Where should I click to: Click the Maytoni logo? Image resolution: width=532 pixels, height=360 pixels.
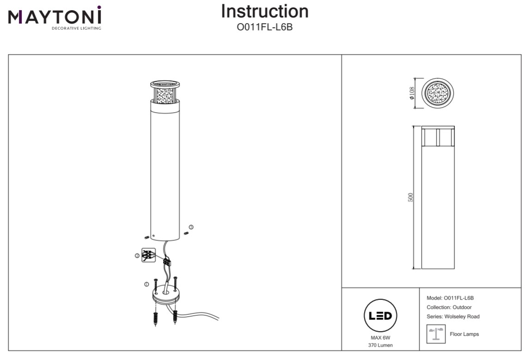55,18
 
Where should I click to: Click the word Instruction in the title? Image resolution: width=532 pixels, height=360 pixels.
265,12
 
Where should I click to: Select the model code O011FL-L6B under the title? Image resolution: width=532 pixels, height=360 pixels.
265,27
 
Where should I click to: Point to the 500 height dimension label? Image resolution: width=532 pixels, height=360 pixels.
411,197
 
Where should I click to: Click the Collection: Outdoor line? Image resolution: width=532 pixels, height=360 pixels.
449,307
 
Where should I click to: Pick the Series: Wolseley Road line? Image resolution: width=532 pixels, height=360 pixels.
453,317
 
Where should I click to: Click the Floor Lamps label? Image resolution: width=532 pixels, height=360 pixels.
464,334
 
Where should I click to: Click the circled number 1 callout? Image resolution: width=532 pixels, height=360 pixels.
146,284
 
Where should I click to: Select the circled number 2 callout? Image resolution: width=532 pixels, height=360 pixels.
137,256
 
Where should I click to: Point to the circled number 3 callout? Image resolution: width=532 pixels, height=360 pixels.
191,226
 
